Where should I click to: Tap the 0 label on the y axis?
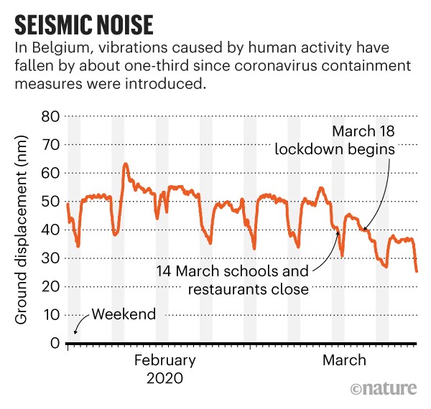[53, 343]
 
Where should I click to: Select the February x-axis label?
[164, 360]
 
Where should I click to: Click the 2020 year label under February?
[164, 377]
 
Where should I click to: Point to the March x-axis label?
[344, 360]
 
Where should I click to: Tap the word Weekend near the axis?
[123, 314]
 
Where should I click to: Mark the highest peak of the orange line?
[126, 164]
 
